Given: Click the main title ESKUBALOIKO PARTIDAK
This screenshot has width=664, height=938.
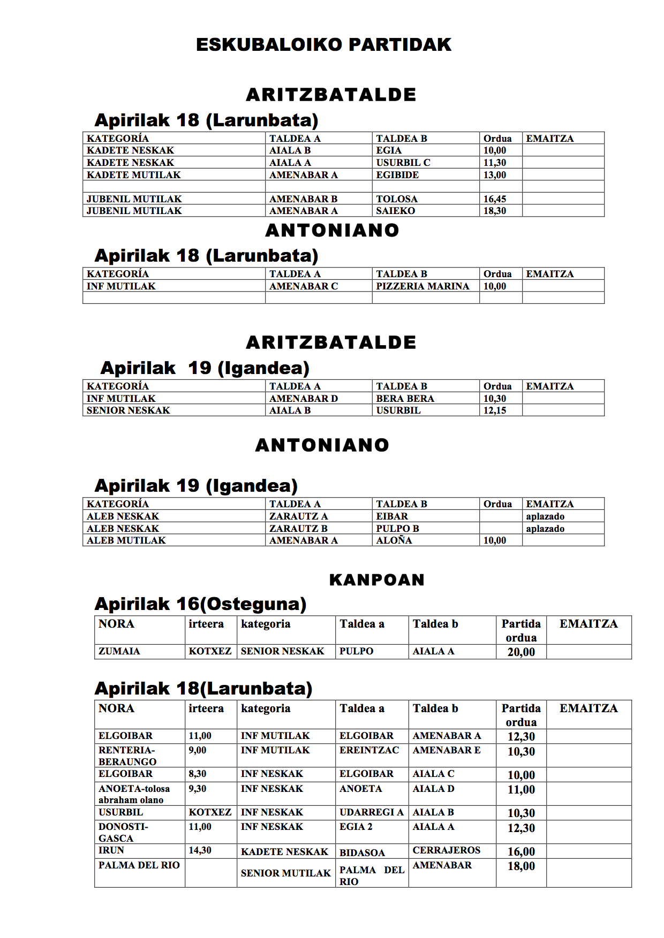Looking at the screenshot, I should pyautogui.click(x=323, y=44).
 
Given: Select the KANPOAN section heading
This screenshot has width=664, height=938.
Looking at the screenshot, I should pyautogui.click(x=376, y=580).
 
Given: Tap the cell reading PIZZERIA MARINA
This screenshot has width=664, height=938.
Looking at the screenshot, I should pyautogui.click(x=422, y=286).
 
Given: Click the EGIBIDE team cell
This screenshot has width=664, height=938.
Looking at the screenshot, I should pyautogui.click(x=397, y=175).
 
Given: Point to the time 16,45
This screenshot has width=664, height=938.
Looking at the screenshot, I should pyautogui.click(x=495, y=199).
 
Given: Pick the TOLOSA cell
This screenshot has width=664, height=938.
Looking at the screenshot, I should pyautogui.click(x=397, y=199).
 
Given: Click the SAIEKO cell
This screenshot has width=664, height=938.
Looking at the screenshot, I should pyautogui.click(x=395, y=211).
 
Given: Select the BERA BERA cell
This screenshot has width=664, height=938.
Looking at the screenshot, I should pyautogui.click(x=405, y=399).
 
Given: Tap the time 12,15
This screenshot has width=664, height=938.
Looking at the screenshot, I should pyautogui.click(x=495, y=410).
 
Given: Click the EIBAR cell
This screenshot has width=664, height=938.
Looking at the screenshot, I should pyautogui.click(x=392, y=516).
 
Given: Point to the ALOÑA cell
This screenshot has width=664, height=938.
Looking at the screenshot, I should pyautogui.click(x=394, y=540).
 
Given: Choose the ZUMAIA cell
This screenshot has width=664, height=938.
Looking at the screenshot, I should pyautogui.click(x=119, y=651).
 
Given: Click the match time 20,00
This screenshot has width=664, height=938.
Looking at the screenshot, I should pyautogui.click(x=521, y=652).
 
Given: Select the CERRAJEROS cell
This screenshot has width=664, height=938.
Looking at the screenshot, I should pyautogui.click(x=447, y=850).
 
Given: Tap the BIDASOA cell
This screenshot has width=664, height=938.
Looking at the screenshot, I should pyautogui.click(x=362, y=852).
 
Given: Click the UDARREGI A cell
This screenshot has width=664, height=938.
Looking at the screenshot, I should pyautogui.click(x=372, y=812).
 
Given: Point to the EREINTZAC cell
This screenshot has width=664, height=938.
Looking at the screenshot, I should pyautogui.click(x=369, y=750).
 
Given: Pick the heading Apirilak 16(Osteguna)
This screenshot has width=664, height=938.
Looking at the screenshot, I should pyautogui.click(x=200, y=604).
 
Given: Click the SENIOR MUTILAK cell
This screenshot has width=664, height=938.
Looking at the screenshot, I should pyautogui.click(x=286, y=873).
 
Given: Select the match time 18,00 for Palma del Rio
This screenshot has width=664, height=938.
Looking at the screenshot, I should pyautogui.click(x=521, y=866).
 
